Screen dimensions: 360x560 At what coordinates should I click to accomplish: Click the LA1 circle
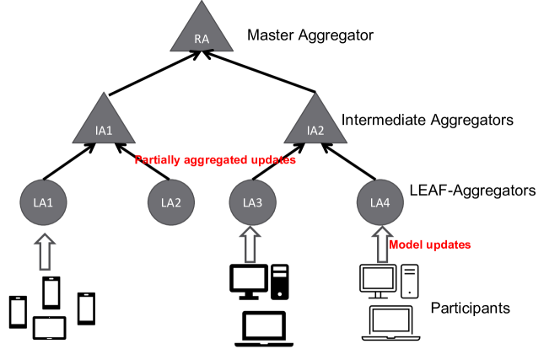[x=40, y=203]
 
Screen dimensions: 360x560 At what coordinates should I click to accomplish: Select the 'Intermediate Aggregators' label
[x=427, y=121]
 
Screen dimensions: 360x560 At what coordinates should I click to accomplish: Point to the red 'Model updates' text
[x=429, y=244]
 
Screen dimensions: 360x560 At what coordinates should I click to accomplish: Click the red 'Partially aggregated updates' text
[x=215, y=159]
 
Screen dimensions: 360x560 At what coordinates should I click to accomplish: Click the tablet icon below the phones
[x=49, y=328]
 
